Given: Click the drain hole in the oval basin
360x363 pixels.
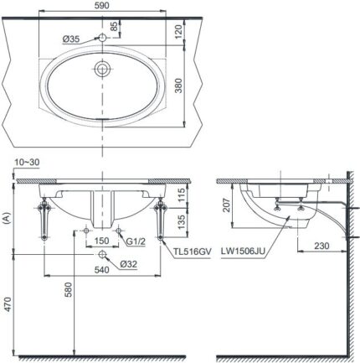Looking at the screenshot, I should (102, 68).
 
